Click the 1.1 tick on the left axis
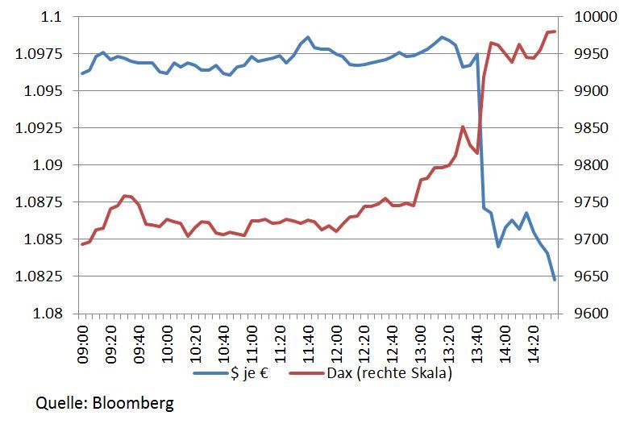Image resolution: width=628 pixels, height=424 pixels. pyautogui.click(x=53, y=17)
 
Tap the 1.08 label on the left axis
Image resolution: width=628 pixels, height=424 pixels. pyautogui.click(x=49, y=314)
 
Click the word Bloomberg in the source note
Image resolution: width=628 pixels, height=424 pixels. pyautogui.click(x=131, y=402)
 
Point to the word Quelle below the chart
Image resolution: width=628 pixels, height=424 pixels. pyautogui.click(x=58, y=402)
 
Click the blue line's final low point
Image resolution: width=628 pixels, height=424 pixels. pyautogui.click(x=555, y=281)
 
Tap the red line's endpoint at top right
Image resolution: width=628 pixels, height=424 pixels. pyautogui.click(x=555, y=31)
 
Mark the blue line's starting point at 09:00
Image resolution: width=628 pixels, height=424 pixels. pyautogui.click(x=82, y=73)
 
